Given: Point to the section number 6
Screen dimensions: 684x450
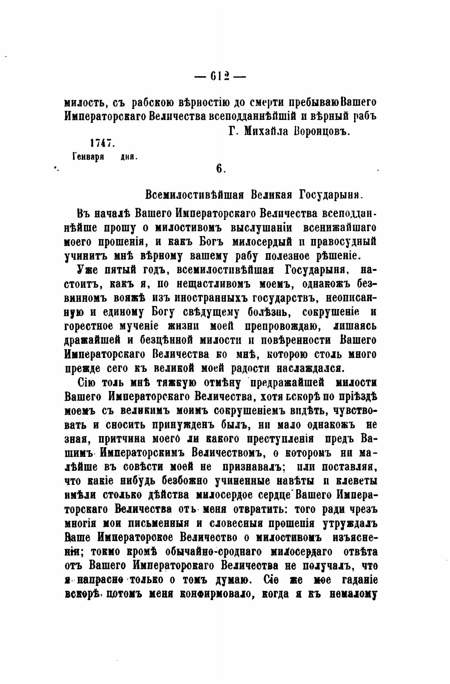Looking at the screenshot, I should pos(220,169).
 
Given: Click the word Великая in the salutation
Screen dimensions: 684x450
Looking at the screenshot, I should pos(268,195).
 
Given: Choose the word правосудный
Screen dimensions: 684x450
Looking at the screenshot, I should pos(344,242).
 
